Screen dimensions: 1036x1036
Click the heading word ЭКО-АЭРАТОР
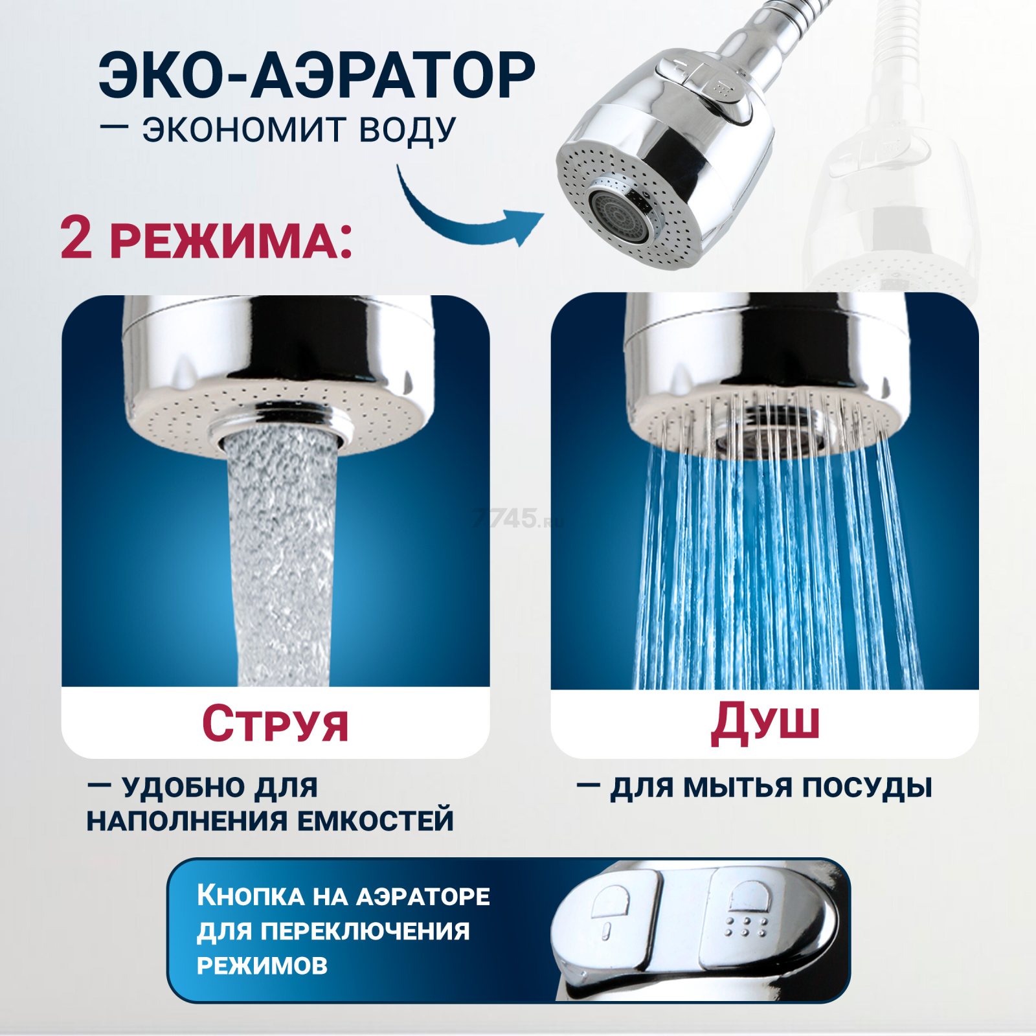[317, 76]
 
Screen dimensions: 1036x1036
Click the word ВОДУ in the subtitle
[407, 129]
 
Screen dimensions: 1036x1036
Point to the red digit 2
[76, 238]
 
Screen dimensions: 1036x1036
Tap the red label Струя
[275, 723]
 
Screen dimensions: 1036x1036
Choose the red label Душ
[765, 721]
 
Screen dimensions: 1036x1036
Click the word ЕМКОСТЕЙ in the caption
[375, 820]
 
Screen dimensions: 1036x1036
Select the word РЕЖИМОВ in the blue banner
[262, 965]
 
